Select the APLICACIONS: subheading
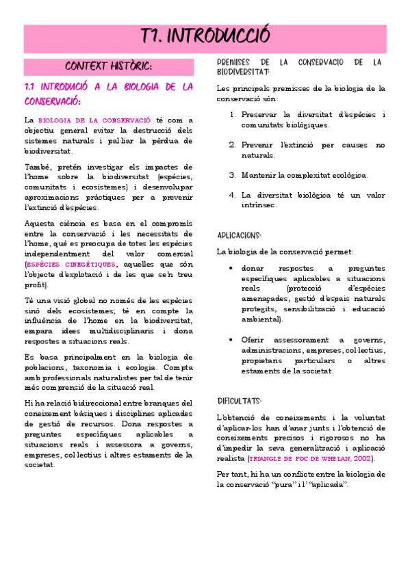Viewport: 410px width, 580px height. coord(240,235)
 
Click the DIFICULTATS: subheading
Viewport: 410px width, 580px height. coord(240,401)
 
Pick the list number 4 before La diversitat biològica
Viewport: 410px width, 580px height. coord(233,195)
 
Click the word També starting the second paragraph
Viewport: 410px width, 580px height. coord(37,167)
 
